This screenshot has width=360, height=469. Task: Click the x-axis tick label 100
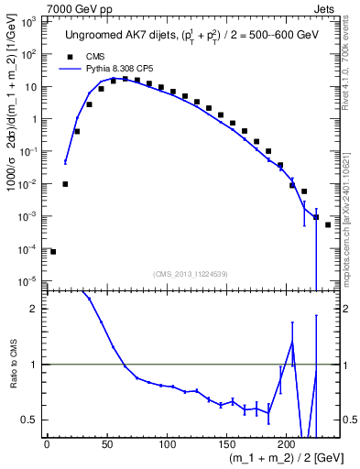click(167, 445)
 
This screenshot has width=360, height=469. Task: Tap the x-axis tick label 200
click(287, 445)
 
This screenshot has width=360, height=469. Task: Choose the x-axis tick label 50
click(106, 445)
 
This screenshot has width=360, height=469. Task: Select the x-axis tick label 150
click(226, 445)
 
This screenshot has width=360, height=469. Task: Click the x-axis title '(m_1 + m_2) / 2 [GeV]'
click(281, 458)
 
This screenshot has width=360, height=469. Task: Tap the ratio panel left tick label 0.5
click(31, 420)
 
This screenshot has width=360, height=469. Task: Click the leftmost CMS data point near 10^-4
click(53, 251)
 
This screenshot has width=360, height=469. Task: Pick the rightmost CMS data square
click(328, 224)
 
